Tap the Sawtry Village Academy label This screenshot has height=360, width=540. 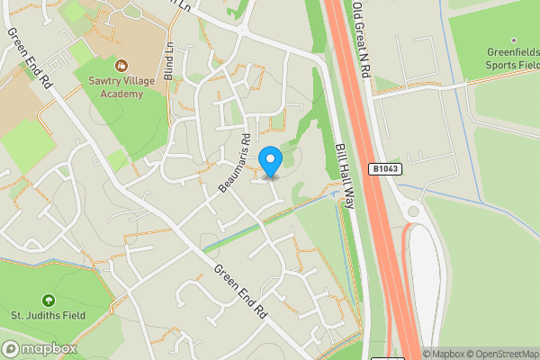(x=121, y=87)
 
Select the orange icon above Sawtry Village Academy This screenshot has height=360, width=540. (x=121, y=65)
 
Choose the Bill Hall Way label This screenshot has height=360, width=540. (x=345, y=176)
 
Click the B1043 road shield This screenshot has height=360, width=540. (x=384, y=168)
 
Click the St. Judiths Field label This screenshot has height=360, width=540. (x=48, y=315)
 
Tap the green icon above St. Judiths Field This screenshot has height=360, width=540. (x=48, y=300)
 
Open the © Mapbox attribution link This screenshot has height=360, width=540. (x=446, y=354)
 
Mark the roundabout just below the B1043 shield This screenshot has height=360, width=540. (x=414, y=212)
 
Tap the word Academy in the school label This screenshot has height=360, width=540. (x=121, y=94)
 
